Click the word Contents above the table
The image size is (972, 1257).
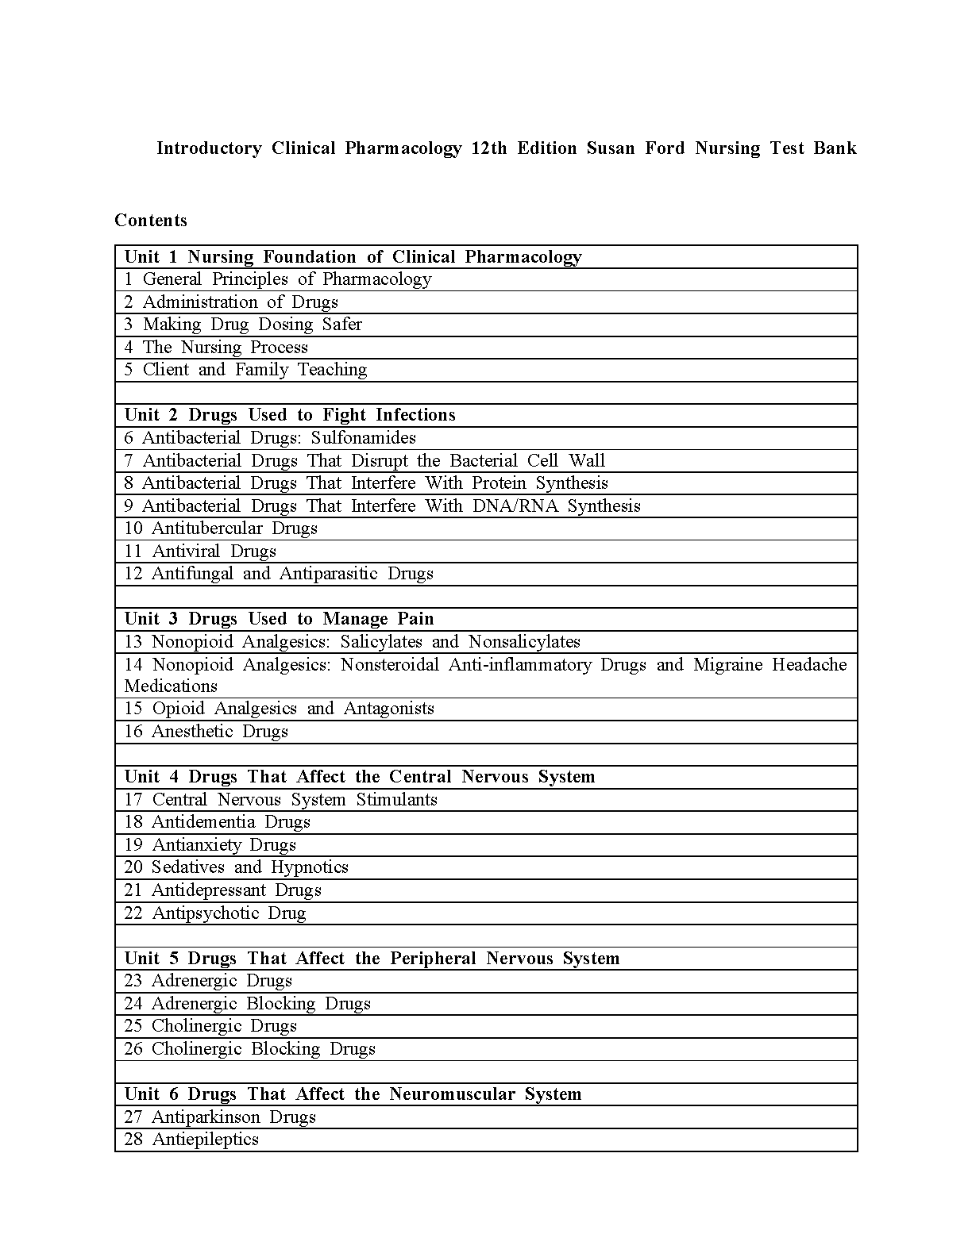(151, 220)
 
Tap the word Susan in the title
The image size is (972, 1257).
(611, 148)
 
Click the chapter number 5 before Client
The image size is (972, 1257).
(129, 370)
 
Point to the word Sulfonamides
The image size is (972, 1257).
(363, 437)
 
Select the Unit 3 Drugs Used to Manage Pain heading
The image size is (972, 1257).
(280, 618)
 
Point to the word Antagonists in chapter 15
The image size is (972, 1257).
(388, 708)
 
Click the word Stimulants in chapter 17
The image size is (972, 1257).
(396, 799)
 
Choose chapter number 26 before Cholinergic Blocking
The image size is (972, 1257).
(133, 1048)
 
